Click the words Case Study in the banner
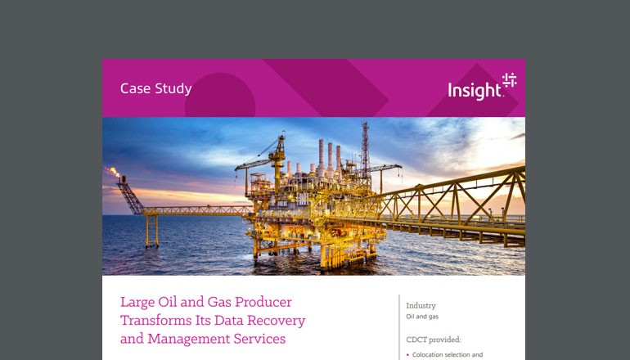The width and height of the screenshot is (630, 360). click(x=156, y=88)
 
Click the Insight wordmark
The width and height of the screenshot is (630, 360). click(x=475, y=91)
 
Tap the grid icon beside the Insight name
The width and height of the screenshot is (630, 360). click(x=509, y=80)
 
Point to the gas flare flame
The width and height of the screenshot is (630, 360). click(x=114, y=172)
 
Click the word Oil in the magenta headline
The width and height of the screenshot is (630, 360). click(x=171, y=302)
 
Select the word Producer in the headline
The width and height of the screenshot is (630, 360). click(x=262, y=302)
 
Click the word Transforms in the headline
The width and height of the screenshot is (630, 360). click(x=155, y=320)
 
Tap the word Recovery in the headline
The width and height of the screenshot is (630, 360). click(x=274, y=320)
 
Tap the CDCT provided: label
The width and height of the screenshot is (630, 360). click(x=434, y=338)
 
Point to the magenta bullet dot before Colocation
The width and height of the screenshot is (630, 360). click(x=407, y=356)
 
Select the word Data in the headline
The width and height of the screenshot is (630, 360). click(x=232, y=320)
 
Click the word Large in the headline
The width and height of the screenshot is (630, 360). click(x=137, y=302)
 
